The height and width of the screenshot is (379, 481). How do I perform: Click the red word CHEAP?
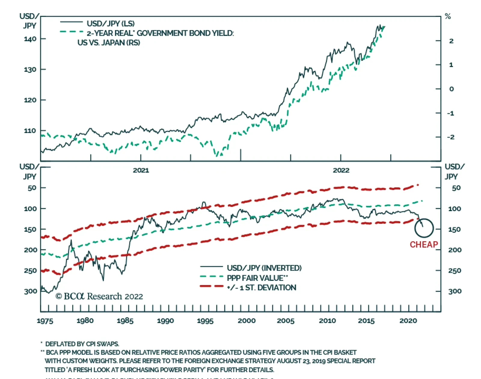click(424, 245)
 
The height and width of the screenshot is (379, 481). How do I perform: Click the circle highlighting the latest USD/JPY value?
click(424, 228)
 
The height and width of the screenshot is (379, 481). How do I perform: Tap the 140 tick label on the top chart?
click(30, 39)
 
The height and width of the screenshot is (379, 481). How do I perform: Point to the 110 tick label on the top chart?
click(30, 131)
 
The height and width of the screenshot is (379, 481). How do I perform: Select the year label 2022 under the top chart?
click(341, 170)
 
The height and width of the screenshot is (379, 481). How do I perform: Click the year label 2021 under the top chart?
click(141, 170)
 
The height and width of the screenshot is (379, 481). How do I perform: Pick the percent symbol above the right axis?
click(448, 17)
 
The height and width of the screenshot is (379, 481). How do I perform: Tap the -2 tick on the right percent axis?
click(450, 137)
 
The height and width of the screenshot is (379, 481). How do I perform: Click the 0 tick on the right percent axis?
click(451, 89)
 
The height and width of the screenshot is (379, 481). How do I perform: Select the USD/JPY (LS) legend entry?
click(110, 23)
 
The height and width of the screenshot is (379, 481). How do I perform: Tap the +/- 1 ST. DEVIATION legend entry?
click(262, 288)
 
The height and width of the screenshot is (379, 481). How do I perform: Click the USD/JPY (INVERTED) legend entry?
click(264, 268)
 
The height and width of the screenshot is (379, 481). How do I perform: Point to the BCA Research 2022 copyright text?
click(99, 297)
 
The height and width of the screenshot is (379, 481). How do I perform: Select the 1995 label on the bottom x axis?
click(205, 321)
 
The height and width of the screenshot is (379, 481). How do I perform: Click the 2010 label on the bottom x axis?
click(327, 321)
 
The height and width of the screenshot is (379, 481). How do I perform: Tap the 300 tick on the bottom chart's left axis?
click(30, 291)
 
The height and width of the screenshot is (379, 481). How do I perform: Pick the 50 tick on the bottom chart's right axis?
click(456, 188)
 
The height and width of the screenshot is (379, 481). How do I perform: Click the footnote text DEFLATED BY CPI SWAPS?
click(82, 344)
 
